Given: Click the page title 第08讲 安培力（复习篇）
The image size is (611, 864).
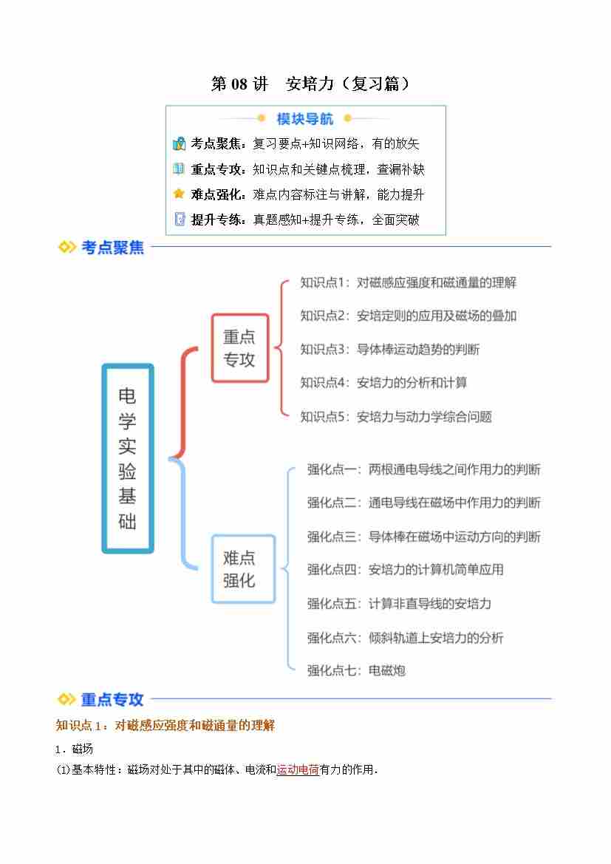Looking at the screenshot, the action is pos(311,84).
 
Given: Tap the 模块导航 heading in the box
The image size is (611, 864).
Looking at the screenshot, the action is pos(304,119).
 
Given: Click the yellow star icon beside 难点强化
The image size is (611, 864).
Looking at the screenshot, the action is pos(179,194).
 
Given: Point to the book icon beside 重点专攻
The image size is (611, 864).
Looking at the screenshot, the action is pos(179,169).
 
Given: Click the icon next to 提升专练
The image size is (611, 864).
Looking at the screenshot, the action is pos(179,220).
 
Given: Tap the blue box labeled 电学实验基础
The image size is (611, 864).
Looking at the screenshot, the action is pos(128,458).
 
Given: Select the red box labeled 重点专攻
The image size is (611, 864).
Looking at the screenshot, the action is pos(240,347).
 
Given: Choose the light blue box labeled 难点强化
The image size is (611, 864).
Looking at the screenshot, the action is pos(243,568).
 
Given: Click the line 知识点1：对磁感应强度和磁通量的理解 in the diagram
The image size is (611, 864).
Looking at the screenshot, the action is pos(409,282).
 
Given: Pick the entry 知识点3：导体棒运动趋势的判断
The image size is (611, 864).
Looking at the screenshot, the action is pos(389,350).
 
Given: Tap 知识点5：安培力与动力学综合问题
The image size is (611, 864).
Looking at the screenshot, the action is pos(395,417).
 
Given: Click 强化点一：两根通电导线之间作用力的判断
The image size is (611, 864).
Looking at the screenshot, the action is pos(423,469).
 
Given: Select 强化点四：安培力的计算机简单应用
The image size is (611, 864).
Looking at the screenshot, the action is pos(405,570).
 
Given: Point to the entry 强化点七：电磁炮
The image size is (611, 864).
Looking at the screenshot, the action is pos(356,670).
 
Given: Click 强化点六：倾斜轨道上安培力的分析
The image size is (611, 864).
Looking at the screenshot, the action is pos(405,638).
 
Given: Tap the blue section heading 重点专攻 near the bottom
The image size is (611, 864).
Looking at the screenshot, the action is pos(112,699).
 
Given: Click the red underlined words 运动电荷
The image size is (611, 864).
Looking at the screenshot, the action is pos(298,769).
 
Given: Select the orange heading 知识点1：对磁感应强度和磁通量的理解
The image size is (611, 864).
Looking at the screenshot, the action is pos(165,725).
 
